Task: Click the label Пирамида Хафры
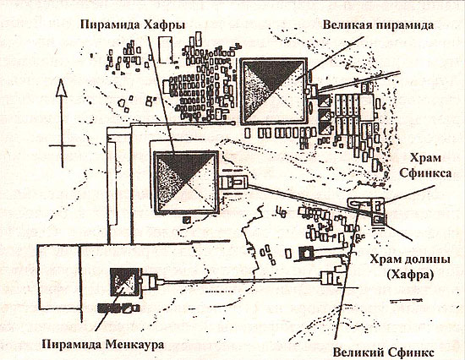(x=133, y=25)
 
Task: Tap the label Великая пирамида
(x=378, y=25)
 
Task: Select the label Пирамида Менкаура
(x=102, y=345)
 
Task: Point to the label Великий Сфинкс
(x=384, y=352)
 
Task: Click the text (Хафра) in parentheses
(x=410, y=275)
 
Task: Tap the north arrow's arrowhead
(x=62, y=88)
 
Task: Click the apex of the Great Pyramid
(x=273, y=91)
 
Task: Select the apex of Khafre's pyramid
(x=186, y=182)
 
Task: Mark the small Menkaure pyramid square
(x=125, y=282)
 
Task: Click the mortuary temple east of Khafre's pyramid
(x=232, y=182)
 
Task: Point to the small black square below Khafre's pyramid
(x=186, y=220)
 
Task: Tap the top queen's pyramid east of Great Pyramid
(x=325, y=101)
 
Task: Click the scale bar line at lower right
(x=405, y=301)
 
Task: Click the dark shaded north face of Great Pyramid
(x=274, y=74)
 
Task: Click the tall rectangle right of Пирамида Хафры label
(x=166, y=50)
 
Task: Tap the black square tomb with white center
(x=306, y=254)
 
